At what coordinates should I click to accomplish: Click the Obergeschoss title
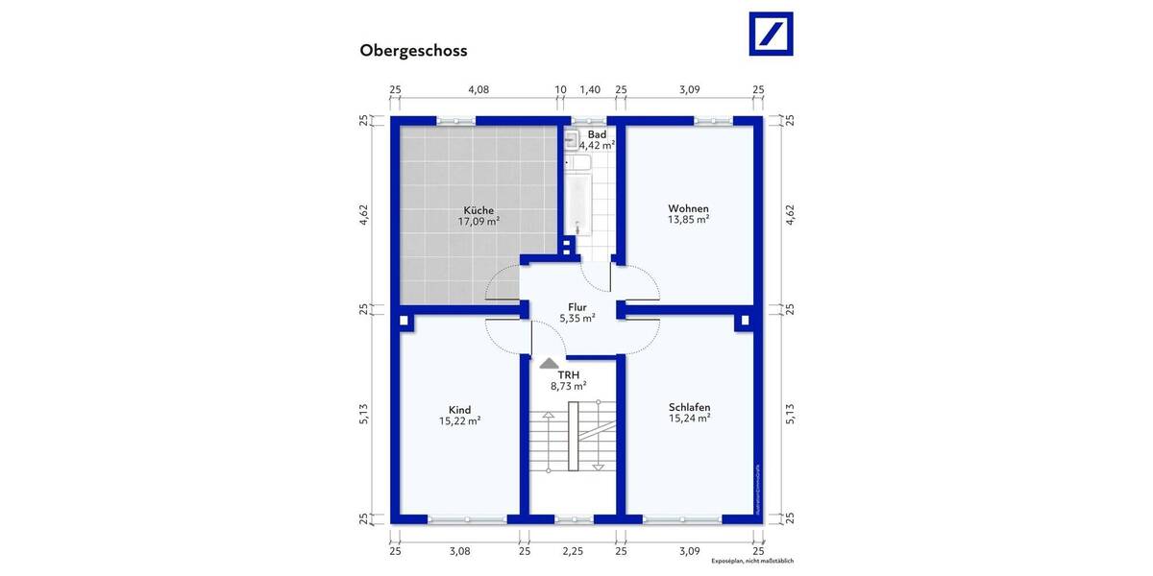click(413, 51)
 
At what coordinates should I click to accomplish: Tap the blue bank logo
click(771, 35)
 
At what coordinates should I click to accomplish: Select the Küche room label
click(478, 209)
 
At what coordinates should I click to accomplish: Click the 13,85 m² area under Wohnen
click(688, 220)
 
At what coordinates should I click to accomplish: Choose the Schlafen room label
click(689, 407)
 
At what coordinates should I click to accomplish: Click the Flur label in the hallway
click(576, 307)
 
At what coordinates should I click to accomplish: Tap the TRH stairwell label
click(568, 373)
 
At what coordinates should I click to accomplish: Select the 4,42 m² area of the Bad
click(597, 146)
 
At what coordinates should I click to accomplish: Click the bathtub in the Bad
click(577, 204)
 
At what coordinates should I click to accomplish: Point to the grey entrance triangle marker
click(548, 364)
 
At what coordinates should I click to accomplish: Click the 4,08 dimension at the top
click(478, 89)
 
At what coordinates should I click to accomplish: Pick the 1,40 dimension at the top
click(590, 89)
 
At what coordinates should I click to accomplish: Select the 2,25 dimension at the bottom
click(573, 551)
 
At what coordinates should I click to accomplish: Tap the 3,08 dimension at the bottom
click(459, 551)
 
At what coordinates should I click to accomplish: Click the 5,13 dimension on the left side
click(364, 414)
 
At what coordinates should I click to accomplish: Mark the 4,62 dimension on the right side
click(790, 214)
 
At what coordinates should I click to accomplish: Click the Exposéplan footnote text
click(752, 561)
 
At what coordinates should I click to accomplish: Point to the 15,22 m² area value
click(459, 420)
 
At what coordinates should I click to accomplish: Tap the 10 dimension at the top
click(561, 89)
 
